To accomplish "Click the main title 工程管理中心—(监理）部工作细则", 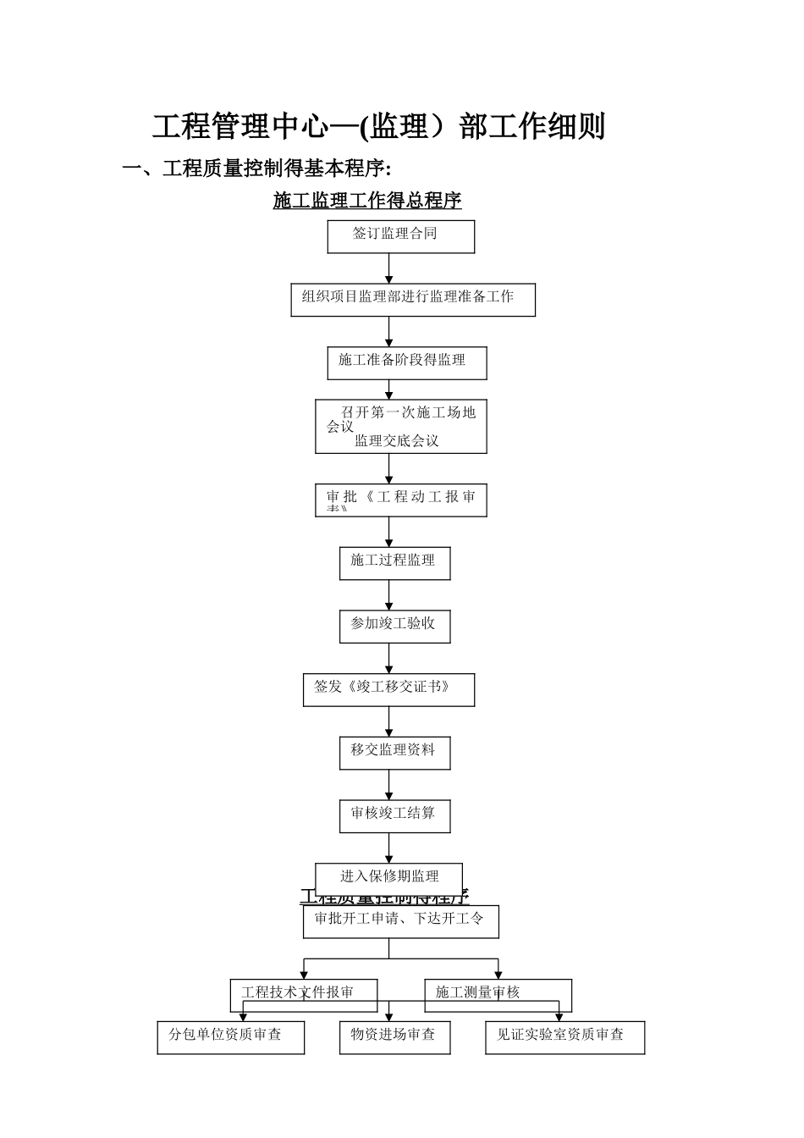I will (379, 127).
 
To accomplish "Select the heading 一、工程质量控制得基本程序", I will (256, 168).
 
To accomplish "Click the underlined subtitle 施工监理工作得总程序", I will (367, 201).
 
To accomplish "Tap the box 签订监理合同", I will (400, 236).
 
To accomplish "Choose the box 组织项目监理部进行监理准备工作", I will (412, 299).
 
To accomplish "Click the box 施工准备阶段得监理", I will (406, 362).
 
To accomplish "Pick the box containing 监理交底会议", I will (400, 426).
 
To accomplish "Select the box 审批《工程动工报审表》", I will (400, 500).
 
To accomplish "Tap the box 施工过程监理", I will (394, 562).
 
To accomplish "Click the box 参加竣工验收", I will (394, 626).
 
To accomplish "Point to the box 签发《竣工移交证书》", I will (388, 689).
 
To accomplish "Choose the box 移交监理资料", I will (394, 752).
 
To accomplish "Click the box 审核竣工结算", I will (394, 815).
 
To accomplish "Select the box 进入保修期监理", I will (388, 877).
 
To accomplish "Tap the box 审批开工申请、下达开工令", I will (400, 921).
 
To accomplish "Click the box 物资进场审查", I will (394, 1037).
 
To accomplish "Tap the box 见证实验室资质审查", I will (564, 1037).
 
